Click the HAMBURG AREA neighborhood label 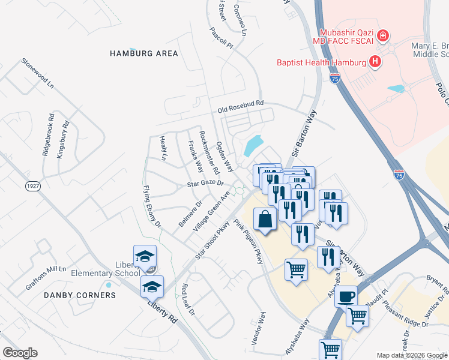tap(143, 53)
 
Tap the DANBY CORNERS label tap(80, 295)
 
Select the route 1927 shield tap(33, 187)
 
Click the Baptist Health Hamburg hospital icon tap(375, 62)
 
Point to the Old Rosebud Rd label tap(241, 106)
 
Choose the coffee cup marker tap(346, 296)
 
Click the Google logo tap(20, 353)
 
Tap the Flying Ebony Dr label tap(152, 206)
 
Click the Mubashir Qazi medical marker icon tap(383, 36)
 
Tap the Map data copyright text tap(412, 355)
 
